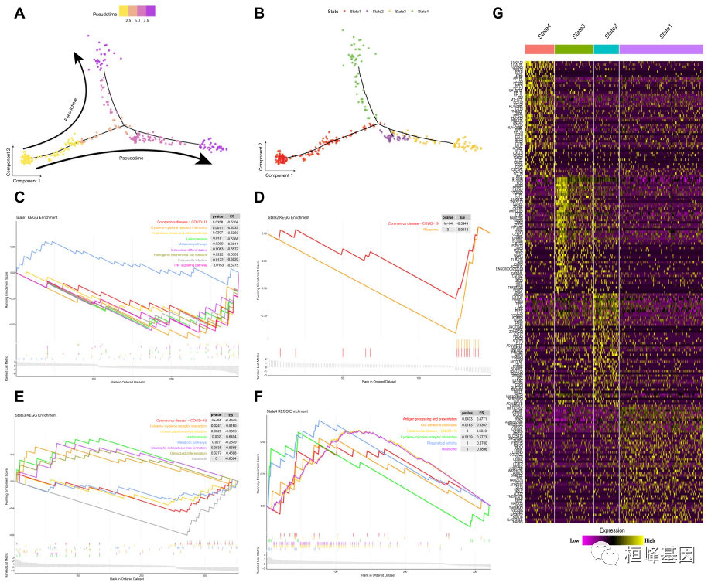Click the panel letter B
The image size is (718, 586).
(259, 13)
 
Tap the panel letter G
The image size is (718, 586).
(498, 13)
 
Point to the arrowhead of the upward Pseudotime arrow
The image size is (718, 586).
(75, 54)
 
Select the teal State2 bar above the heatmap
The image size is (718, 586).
(606, 49)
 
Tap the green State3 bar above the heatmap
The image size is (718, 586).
(574, 49)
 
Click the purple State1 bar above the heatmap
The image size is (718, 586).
(662, 49)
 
